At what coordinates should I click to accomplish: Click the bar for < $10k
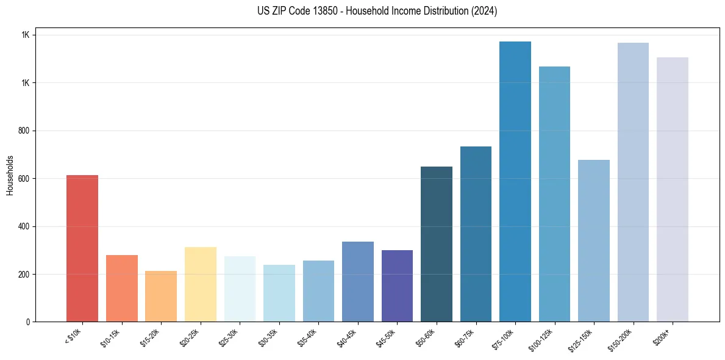(x=82, y=248)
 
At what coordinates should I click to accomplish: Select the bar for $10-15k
(x=121, y=288)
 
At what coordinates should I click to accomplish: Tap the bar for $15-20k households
(x=161, y=296)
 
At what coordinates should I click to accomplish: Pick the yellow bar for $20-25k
(x=200, y=284)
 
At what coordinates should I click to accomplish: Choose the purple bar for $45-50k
(x=397, y=286)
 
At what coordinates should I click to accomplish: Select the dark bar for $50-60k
(x=436, y=244)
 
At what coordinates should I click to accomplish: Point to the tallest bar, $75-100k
(x=515, y=181)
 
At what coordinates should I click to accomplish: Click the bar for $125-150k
(x=593, y=240)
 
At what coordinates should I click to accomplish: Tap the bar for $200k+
(x=672, y=189)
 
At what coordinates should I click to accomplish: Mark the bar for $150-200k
(x=633, y=182)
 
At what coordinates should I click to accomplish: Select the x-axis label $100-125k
(x=545, y=337)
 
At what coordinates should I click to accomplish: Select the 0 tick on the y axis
(x=28, y=322)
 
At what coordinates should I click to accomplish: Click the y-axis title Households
(x=10, y=175)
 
